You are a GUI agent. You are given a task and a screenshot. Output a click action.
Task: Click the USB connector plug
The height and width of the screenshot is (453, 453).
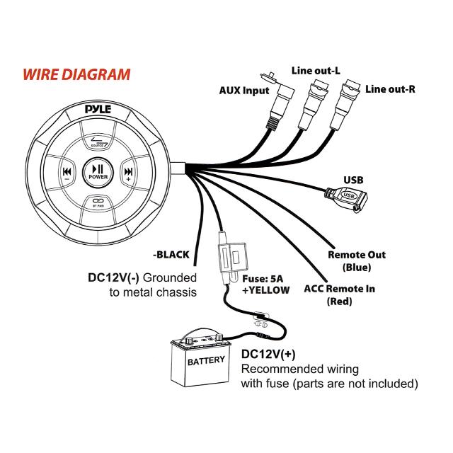coord(349,197)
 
